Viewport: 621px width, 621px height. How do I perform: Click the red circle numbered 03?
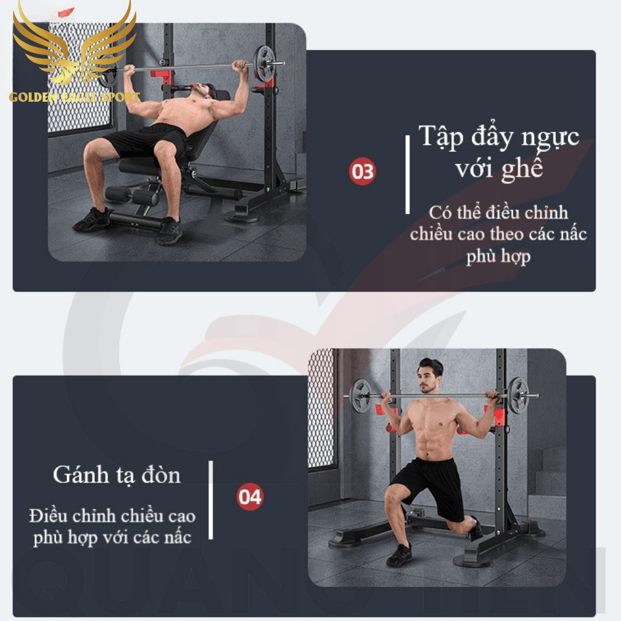coord(362,172)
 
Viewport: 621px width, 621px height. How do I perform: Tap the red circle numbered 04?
coord(250,497)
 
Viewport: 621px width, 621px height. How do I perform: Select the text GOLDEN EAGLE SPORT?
coord(75,97)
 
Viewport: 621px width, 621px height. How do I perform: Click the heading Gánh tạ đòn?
coord(117,475)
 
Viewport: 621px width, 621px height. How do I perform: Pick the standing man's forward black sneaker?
coord(400,555)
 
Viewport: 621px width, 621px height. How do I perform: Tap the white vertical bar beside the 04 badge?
coord(210,500)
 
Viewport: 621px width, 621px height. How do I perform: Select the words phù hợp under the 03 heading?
coord(498,256)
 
